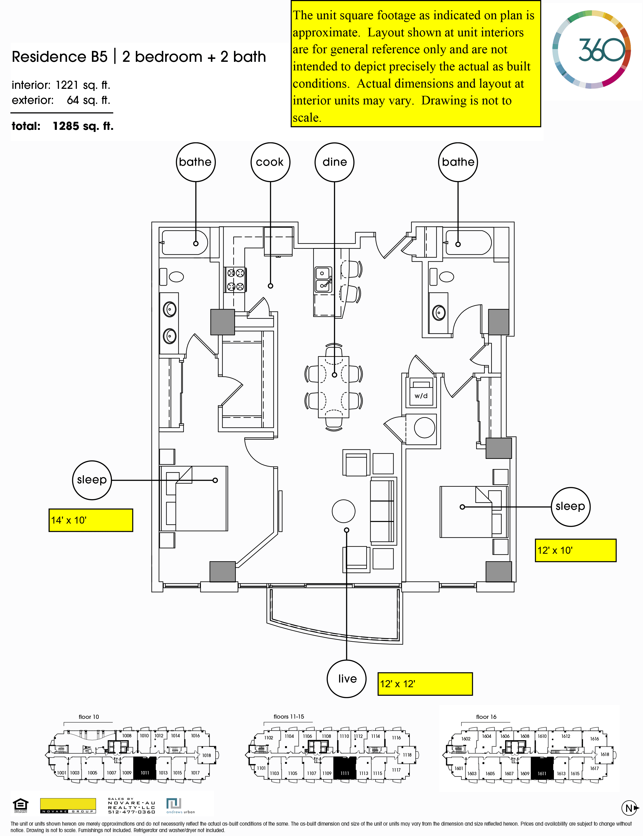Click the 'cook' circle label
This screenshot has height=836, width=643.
point(270,162)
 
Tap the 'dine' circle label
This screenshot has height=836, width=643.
point(334,162)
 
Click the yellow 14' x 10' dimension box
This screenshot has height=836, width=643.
point(91,520)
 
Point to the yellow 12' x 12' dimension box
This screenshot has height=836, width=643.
point(425,684)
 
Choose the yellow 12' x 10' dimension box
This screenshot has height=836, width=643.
point(575,550)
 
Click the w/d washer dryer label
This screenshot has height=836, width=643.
point(421,396)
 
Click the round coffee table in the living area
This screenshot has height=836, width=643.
point(343,511)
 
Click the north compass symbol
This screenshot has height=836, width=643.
point(629,808)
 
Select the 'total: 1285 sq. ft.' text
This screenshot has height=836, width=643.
point(62,126)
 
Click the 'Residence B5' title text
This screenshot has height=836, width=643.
point(60,57)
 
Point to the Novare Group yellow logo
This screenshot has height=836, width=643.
point(68,805)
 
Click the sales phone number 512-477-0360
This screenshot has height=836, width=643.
point(131,812)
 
